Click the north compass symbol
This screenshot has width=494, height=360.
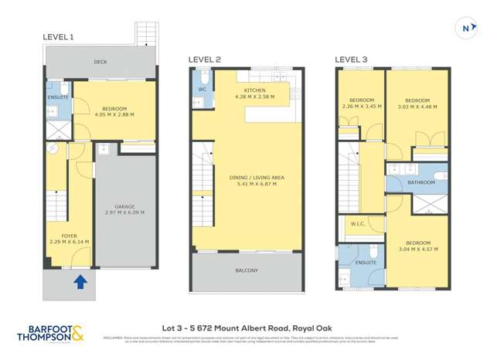[x=465, y=29]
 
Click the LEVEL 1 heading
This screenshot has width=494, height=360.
[x=59, y=37]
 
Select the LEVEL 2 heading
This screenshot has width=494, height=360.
[x=205, y=59]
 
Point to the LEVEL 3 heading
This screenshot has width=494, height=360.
[x=350, y=59]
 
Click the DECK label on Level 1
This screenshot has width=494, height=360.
[x=100, y=63]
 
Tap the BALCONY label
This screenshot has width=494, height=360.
[x=247, y=270]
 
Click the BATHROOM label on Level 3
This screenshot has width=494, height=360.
[x=422, y=182]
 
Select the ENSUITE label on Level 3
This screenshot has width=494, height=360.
[x=366, y=263]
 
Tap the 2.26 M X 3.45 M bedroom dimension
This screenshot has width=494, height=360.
[x=362, y=106]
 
